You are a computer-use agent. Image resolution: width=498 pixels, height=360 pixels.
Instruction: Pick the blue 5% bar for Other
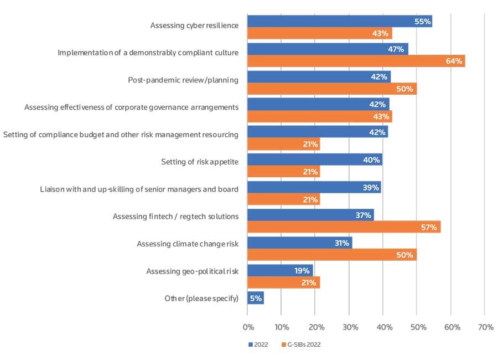click(x=255, y=298)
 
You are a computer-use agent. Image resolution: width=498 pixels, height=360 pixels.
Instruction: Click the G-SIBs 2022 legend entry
click(x=301, y=344)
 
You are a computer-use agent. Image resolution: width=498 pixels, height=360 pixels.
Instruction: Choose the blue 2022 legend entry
click(x=258, y=344)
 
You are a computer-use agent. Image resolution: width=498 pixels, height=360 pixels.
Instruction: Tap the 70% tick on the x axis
click(x=485, y=327)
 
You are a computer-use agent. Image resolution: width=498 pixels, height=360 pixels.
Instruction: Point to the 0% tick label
click(x=248, y=327)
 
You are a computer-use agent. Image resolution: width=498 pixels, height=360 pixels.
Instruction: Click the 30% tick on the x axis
click(x=349, y=327)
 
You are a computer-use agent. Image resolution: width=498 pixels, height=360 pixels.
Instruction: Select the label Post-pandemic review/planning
click(x=183, y=80)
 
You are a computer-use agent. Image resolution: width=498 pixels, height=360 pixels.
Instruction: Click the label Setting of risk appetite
click(x=200, y=162)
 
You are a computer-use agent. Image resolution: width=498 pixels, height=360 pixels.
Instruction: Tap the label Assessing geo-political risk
click(x=192, y=271)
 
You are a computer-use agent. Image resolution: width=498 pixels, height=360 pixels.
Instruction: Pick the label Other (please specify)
click(x=201, y=299)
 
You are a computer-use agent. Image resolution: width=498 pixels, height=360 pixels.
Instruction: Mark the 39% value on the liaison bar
click(x=371, y=188)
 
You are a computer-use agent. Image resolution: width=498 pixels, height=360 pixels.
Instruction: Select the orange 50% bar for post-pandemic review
click(x=332, y=89)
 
